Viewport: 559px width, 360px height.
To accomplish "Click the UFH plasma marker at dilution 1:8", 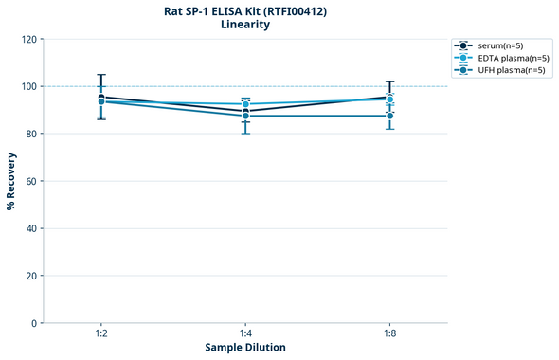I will [389, 116].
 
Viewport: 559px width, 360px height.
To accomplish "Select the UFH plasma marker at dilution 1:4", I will [245, 116].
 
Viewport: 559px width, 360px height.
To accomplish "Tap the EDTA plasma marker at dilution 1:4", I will [245, 104].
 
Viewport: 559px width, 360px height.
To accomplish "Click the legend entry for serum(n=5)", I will [500, 45].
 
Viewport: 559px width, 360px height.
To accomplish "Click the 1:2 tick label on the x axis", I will [101, 333].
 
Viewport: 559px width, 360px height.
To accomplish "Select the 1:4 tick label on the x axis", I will [245, 333].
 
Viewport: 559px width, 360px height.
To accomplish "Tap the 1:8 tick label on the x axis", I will [389, 333].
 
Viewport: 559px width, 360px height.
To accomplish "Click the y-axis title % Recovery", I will [11, 180].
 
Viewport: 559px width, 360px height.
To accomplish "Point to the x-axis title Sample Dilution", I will [245, 348].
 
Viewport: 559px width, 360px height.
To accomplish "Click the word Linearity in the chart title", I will [244, 25].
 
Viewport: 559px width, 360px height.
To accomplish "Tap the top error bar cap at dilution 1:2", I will [101, 74].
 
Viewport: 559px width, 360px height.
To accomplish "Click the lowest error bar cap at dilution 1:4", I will [245, 134].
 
